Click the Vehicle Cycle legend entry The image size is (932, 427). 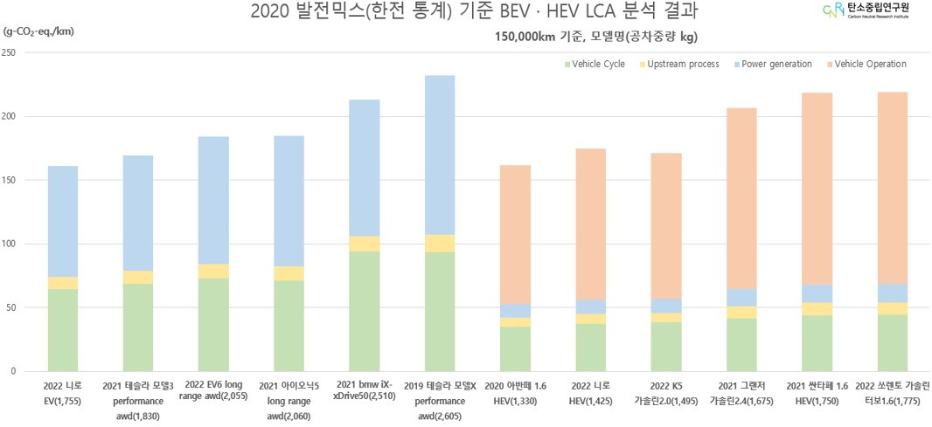point(597,65)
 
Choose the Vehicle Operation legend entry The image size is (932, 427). point(865,65)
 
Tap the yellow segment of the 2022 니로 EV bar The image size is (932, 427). point(63,283)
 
